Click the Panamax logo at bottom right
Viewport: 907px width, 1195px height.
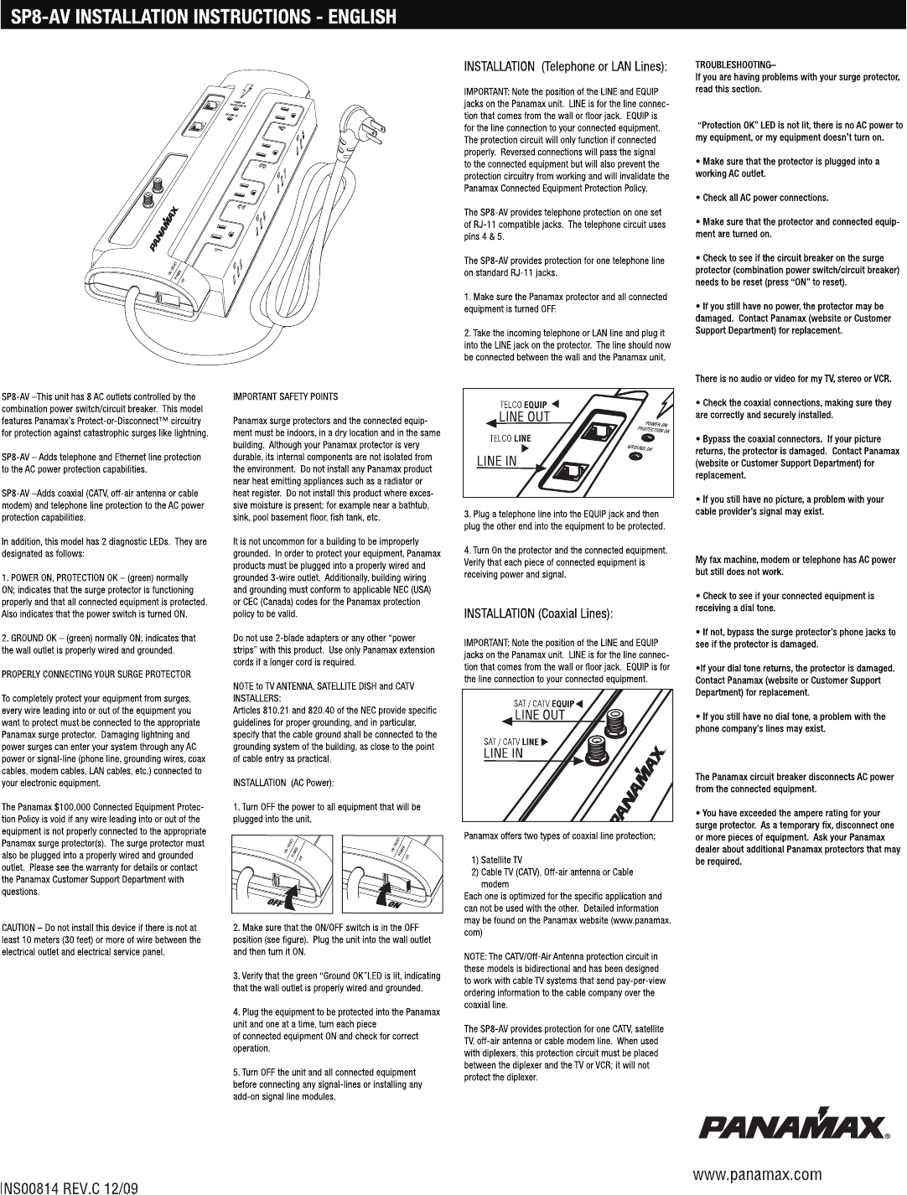(x=795, y=1126)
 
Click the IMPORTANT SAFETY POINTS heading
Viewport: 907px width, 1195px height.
(x=285, y=396)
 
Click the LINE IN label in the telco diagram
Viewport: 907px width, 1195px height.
(x=496, y=460)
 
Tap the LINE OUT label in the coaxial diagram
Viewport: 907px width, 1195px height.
(x=539, y=715)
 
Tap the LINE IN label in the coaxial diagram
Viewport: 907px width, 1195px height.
(x=503, y=753)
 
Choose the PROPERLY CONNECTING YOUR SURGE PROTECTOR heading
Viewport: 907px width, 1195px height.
(x=96, y=674)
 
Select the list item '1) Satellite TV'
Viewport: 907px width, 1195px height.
(x=497, y=860)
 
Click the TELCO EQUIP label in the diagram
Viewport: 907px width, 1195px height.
(x=525, y=406)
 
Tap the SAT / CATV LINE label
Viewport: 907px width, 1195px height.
(x=511, y=742)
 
